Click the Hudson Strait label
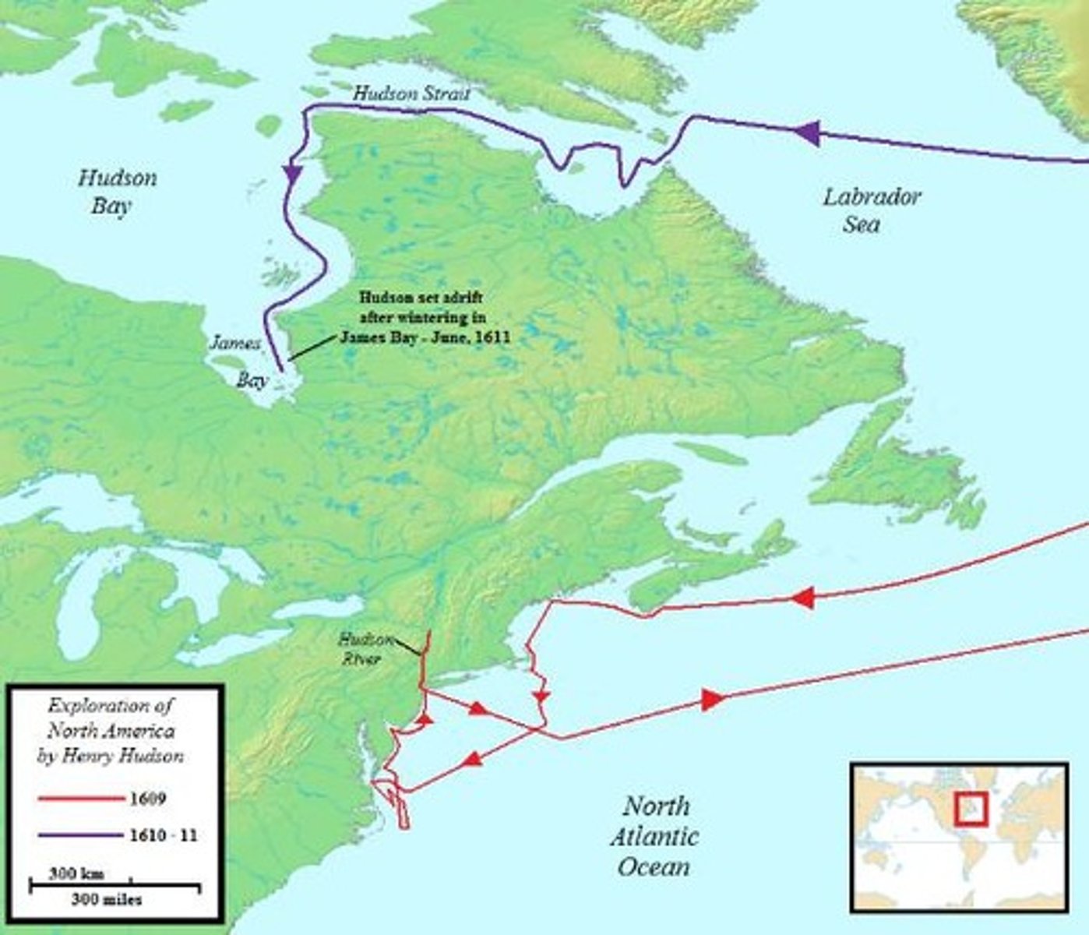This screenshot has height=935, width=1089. [x=411, y=93]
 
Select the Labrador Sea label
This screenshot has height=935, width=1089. [x=871, y=210]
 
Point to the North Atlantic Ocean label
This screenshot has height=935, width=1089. [x=654, y=836]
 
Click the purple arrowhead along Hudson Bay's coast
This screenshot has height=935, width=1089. [x=292, y=173]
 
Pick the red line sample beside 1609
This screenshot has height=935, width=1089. [x=76, y=799]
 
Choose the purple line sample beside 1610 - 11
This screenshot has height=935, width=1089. [x=76, y=835]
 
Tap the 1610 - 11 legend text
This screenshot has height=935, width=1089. [x=162, y=835]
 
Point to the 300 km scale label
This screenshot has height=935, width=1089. [x=76, y=873]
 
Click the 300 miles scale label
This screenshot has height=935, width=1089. [x=107, y=900]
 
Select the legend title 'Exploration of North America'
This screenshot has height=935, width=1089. [x=111, y=730]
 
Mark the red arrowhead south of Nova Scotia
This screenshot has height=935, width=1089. [x=802, y=598]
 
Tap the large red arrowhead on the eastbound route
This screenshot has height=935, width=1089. [x=710, y=700]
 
